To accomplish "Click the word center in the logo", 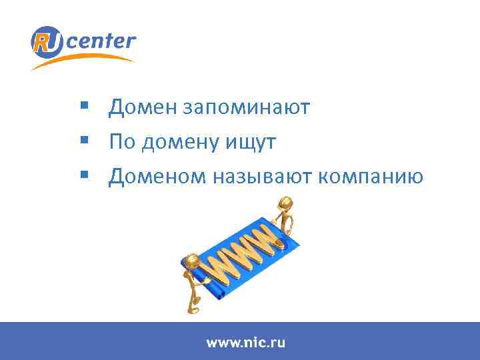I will (x=101, y=42).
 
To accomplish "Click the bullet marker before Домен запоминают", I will (x=82, y=105).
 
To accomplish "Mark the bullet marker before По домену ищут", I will (x=82, y=141).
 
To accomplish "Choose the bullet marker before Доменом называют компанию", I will (x=82, y=175).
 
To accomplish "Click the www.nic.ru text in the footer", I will (x=245, y=343).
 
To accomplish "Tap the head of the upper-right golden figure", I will (x=286, y=202).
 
